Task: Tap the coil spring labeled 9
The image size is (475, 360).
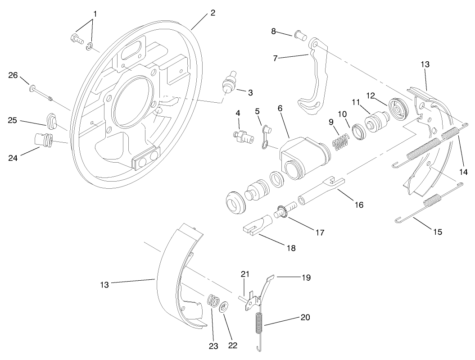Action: click(x=341, y=141)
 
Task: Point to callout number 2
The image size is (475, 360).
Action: click(x=213, y=13)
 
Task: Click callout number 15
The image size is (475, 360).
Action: click(x=437, y=232)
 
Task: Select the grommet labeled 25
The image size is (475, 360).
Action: click(x=51, y=120)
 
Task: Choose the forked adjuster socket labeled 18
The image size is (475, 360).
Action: click(x=257, y=224)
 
